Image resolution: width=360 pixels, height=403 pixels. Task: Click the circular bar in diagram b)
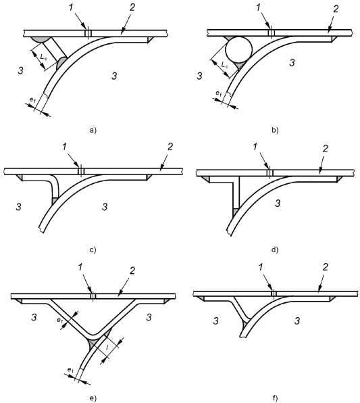tap(238, 49)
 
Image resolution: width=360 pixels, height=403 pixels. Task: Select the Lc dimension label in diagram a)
tap(44, 56)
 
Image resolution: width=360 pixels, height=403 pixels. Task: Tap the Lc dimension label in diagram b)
tap(224, 65)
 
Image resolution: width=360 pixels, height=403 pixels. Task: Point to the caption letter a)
tap(93, 131)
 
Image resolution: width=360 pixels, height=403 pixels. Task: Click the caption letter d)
tap(275, 250)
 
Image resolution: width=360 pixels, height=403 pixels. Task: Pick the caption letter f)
tap(275, 398)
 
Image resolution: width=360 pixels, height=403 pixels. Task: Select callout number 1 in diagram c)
tap(64, 147)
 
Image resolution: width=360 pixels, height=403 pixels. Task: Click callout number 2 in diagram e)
tap(132, 270)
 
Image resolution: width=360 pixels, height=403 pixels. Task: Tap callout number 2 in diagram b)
tap(336, 9)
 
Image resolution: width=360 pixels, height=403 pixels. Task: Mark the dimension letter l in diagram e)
tap(107, 348)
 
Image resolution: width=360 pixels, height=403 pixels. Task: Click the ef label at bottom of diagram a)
tap(32, 100)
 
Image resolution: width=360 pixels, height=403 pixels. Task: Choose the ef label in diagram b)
tap(218, 93)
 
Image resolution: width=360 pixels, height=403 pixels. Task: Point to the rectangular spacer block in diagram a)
tap(55, 50)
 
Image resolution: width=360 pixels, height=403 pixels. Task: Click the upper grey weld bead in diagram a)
tap(41, 39)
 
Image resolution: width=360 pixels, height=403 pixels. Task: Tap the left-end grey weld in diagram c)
tap(20, 177)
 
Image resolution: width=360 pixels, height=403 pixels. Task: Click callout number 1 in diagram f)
tap(261, 268)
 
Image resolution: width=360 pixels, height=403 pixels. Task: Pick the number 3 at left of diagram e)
tap(34, 317)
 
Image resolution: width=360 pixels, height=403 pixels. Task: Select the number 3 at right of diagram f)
tap(297, 321)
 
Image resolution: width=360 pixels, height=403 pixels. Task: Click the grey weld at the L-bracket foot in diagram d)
tap(236, 212)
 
